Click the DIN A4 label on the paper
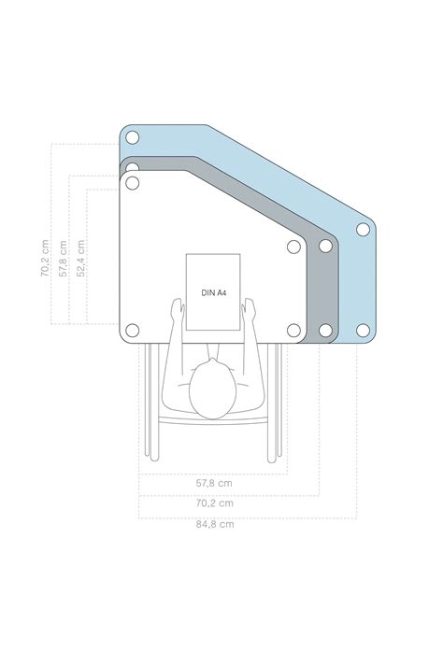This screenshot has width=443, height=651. (x=214, y=292)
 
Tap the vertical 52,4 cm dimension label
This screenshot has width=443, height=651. (x=81, y=257)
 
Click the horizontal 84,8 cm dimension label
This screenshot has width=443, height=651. (x=214, y=524)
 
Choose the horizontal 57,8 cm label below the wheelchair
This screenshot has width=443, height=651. (x=214, y=483)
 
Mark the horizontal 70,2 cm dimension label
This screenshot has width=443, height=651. (x=214, y=502)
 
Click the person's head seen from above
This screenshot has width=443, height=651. (x=212, y=389)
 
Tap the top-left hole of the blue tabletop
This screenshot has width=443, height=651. (x=132, y=137)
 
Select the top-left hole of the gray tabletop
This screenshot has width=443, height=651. (x=132, y=169)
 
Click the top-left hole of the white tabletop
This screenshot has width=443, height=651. (x=132, y=182)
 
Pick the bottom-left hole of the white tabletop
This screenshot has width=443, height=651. (x=132, y=330)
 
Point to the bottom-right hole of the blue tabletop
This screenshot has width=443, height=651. (x=364, y=330)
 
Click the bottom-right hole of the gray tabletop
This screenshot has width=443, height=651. (x=326, y=330)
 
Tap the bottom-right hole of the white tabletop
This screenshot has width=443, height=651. (x=293, y=330)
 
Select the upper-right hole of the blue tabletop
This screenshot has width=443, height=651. (x=364, y=230)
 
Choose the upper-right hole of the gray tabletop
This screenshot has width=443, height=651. (x=326, y=247)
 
